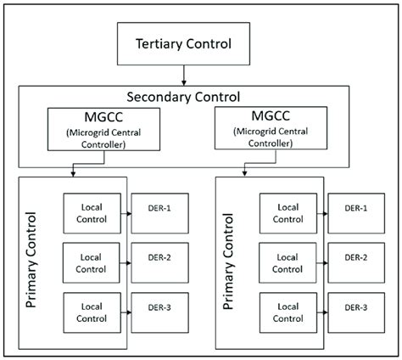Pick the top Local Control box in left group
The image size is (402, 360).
(91, 212)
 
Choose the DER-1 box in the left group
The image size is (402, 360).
(154, 209)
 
